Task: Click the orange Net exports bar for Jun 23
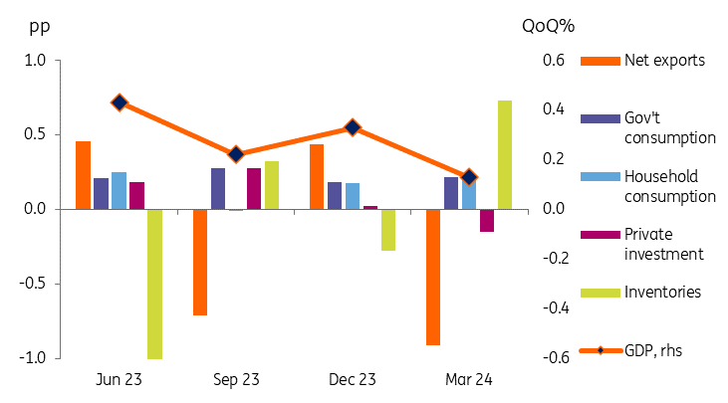(83, 175)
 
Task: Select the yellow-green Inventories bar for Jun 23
(154, 284)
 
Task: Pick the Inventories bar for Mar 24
(505, 155)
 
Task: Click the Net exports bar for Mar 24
(433, 277)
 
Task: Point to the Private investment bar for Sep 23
(254, 189)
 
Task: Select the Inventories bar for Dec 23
(388, 229)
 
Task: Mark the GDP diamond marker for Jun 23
(120, 102)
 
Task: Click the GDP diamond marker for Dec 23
(353, 127)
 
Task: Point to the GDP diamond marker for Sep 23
(236, 154)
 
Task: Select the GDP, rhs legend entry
(652, 350)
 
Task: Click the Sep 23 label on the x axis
(237, 380)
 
